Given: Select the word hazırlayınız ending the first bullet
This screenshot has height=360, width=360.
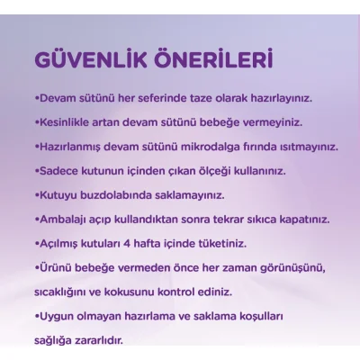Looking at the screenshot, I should click(290, 96).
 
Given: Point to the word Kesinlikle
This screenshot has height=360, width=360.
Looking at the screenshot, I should click(67, 121).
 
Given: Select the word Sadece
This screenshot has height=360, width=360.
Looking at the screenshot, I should click(58, 169).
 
